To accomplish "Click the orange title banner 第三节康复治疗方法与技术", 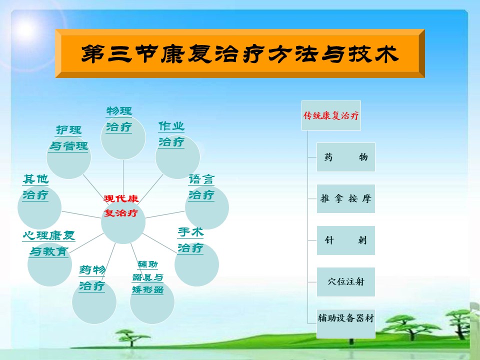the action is (x=239, y=53).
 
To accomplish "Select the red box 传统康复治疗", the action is (x=331, y=115).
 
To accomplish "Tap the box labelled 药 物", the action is (x=345, y=157).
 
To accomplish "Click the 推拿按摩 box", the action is (x=345, y=198).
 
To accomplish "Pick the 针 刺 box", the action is (x=345, y=240).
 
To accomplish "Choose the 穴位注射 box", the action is (x=345, y=281).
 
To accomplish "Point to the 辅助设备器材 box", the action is (x=345, y=323).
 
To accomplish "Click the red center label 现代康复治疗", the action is (x=121, y=205).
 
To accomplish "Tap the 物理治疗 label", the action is (x=119, y=119).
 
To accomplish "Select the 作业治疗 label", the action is (x=171, y=134).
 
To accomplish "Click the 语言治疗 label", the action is (x=201, y=187).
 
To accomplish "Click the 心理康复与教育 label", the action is (x=48, y=243).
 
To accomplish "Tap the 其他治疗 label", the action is (x=35, y=187).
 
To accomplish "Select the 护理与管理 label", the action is (x=68, y=138).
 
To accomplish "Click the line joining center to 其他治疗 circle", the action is (x=81, y=214).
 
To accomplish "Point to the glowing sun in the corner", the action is (x=25, y=29).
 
